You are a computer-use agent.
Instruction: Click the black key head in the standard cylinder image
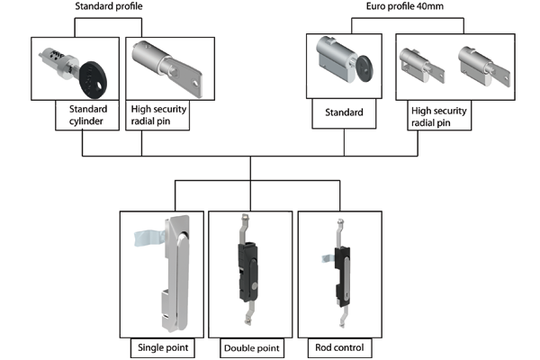(93, 71)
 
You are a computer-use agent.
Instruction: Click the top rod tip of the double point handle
(244, 218)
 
